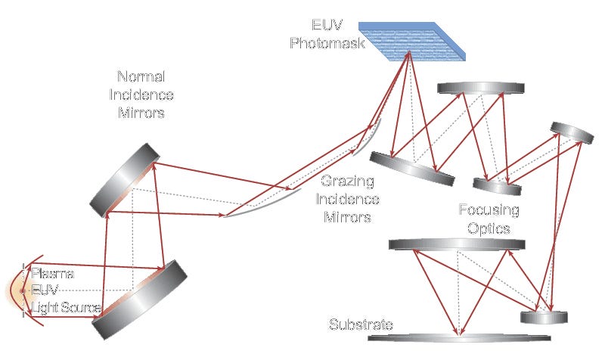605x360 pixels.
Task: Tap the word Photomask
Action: [x=327, y=44]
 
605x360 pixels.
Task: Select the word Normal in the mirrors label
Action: [x=141, y=77]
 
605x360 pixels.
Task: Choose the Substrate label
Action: [x=360, y=326]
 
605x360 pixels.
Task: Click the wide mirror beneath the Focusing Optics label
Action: [x=457, y=244]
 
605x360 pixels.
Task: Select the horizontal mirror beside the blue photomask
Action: [x=481, y=88]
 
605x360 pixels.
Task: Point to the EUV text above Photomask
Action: [x=327, y=26]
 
